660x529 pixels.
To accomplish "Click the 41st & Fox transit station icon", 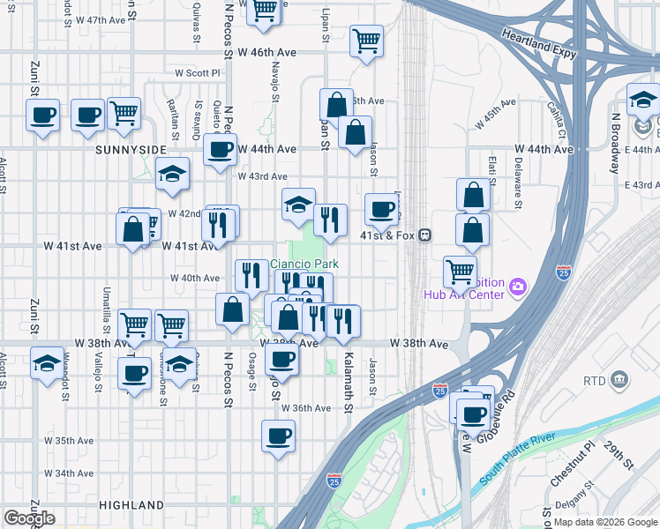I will pyautogui.click(x=425, y=235).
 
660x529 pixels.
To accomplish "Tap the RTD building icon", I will pyautogui.click(x=620, y=380).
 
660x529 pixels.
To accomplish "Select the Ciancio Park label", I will pyautogui.click(x=304, y=263).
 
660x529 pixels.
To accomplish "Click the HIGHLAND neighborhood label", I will pyautogui.click(x=131, y=505).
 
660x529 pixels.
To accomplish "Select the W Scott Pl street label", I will pyautogui.click(x=196, y=73).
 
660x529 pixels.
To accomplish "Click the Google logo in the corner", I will pyautogui.click(x=29, y=518).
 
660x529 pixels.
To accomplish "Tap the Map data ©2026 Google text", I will pyautogui.click(x=603, y=522).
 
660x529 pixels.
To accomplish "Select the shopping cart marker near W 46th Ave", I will pyautogui.click(x=366, y=39).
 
